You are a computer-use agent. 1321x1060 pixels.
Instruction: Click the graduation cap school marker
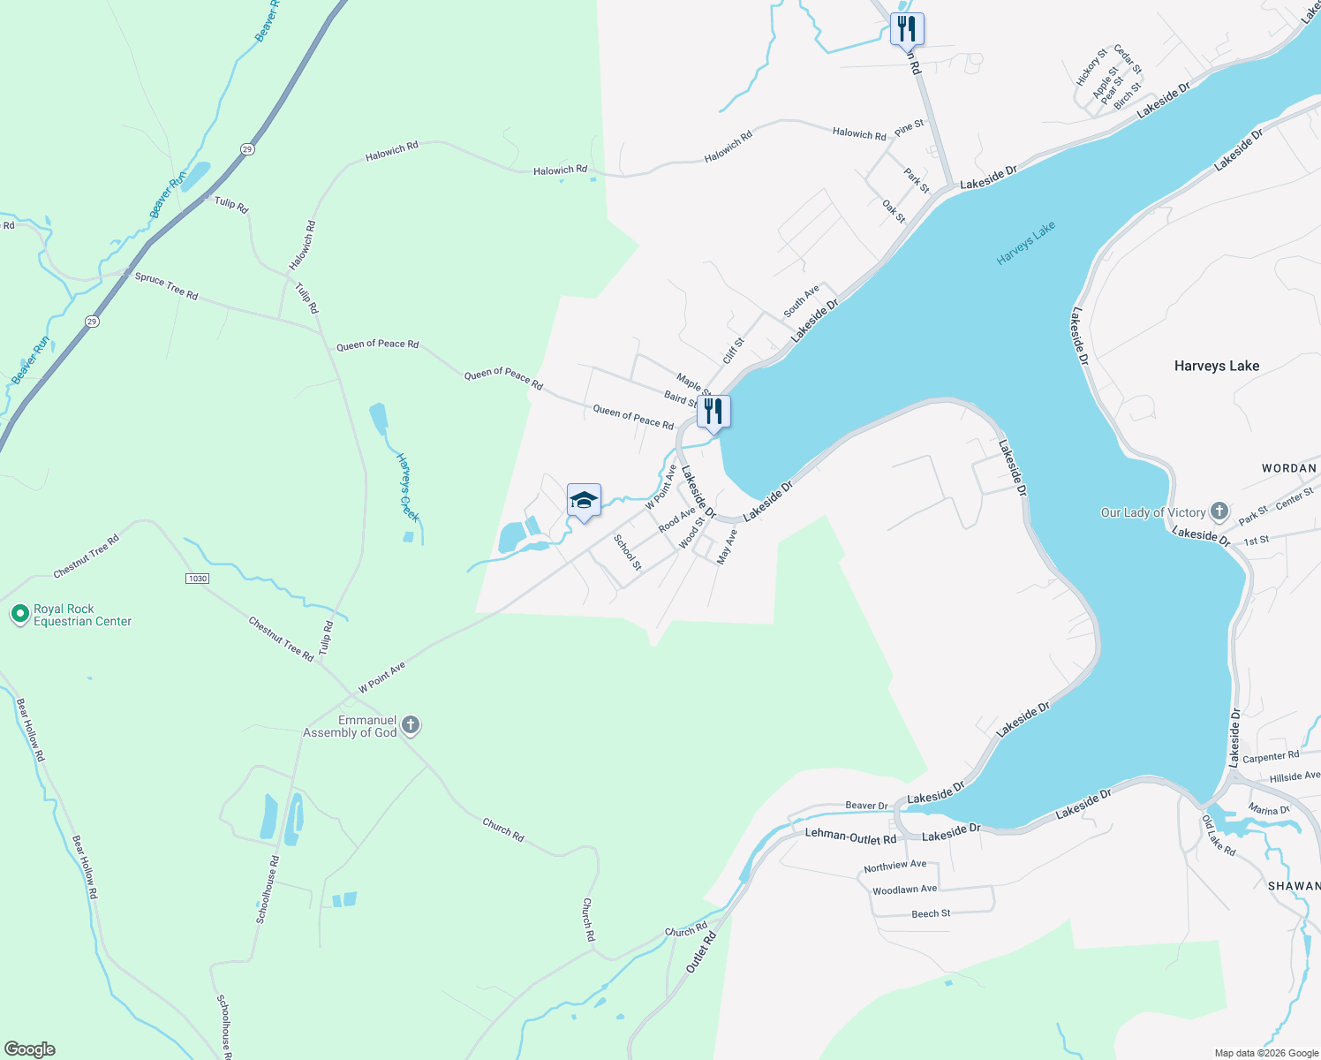click(584, 501)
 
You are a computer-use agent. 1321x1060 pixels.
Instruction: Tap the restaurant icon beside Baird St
click(713, 412)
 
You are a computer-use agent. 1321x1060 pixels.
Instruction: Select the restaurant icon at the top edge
click(907, 29)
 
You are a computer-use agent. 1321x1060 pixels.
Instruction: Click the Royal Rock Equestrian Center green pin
click(19, 614)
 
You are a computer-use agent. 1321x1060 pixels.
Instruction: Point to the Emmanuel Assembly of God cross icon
click(410, 726)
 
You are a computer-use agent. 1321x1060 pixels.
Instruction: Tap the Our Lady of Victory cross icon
click(1219, 511)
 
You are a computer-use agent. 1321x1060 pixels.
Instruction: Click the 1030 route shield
click(197, 579)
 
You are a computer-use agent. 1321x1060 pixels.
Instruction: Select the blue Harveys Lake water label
click(1025, 244)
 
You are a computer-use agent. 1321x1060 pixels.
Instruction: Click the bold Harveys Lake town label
click(1216, 366)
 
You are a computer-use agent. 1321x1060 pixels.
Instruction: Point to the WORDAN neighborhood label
click(1288, 468)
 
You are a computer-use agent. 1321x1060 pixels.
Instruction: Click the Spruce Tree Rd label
click(166, 285)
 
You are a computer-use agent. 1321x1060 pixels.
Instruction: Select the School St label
click(627, 552)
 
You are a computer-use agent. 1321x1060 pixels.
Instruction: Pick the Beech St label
click(931, 913)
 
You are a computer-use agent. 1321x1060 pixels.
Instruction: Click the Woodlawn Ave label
click(904, 890)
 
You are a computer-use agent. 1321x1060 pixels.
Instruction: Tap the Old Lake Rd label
click(1218, 835)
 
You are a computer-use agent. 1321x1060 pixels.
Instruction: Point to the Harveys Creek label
click(406, 487)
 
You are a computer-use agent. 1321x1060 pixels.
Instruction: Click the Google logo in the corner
click(29, 1049)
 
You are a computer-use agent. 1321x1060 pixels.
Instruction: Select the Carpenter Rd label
click(1270, 757)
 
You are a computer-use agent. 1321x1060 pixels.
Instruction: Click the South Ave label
click(801, 301)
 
